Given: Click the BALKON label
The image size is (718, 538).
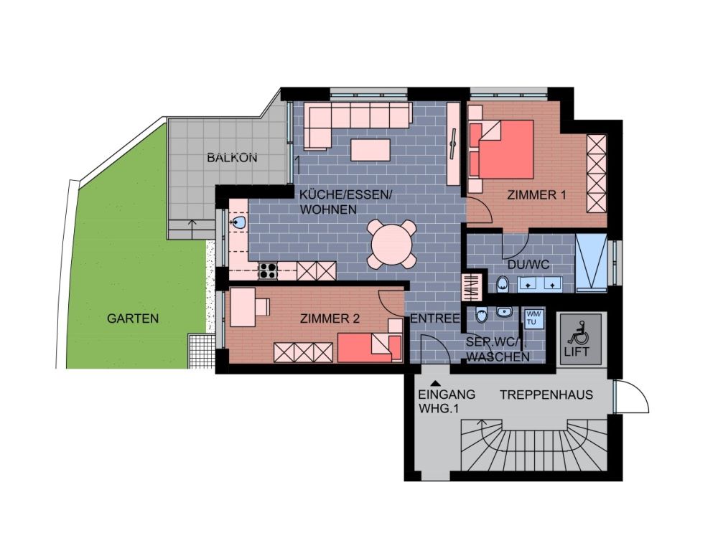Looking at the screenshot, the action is (x=232, y=158).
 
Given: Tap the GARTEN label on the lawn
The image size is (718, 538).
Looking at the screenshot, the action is (x=133, y=318).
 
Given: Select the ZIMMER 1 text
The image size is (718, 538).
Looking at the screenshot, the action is (x=536, y=195).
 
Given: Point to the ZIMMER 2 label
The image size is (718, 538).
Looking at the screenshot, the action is (x=330, y=318).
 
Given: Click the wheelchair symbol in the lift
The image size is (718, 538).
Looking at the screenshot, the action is (x=577, y=333).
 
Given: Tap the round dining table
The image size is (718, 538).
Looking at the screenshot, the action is (x=393, y=245).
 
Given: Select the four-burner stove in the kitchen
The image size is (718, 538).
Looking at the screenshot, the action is (x=268, y=271).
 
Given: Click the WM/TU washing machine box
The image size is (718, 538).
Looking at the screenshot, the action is (x=534, y=319).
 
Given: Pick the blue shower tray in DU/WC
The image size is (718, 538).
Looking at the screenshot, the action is (x=591, y=263).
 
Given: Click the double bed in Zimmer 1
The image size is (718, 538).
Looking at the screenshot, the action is (x=501, y=149).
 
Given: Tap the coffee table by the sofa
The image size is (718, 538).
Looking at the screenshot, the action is (x=370, y=150).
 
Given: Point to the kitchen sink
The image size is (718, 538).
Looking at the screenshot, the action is (x=239, y=223).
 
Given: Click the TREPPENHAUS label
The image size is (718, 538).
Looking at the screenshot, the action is (x=546, y=395).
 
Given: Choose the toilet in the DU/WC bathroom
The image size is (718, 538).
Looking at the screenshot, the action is (x=503, y=283).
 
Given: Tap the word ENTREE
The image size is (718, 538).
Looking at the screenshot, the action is (x=434, y=318).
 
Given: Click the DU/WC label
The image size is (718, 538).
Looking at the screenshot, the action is (x=528, y=265).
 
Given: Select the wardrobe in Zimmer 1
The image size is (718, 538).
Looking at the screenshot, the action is (x=597, y=174).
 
